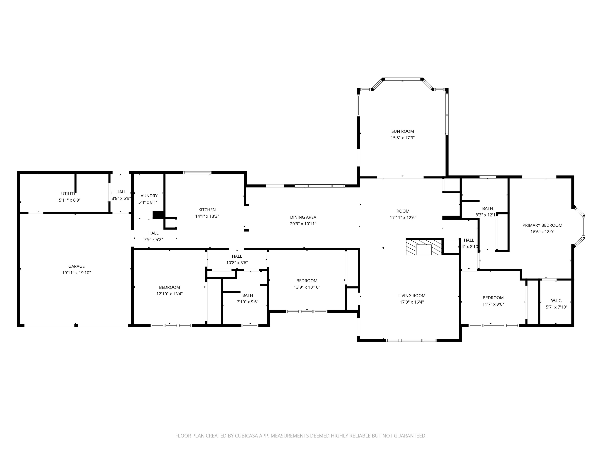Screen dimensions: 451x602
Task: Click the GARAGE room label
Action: tap(76, 266)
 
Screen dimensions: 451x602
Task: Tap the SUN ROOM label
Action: tap(403, 131)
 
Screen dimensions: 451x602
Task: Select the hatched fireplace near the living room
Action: tap(424, 247)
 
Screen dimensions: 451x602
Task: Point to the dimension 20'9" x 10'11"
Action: tap(303, 224)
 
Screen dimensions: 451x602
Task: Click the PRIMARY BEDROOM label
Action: tap(542, 225)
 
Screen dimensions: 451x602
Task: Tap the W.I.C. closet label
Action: tap(556, 301)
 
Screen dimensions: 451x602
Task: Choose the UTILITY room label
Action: tap(68, 194)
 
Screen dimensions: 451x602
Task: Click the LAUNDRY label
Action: tap(148, 196)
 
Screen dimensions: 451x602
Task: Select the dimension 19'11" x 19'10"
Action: tap(76, 273)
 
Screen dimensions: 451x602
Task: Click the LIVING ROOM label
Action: tap(412, 296)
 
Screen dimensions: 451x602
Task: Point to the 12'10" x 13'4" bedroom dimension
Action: tap(169, 294)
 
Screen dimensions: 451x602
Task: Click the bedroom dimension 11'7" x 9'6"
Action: tap(493, 304)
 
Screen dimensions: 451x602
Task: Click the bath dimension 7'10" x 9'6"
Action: tap(247, 302)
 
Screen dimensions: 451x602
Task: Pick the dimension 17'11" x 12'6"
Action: tap(403, 218)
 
